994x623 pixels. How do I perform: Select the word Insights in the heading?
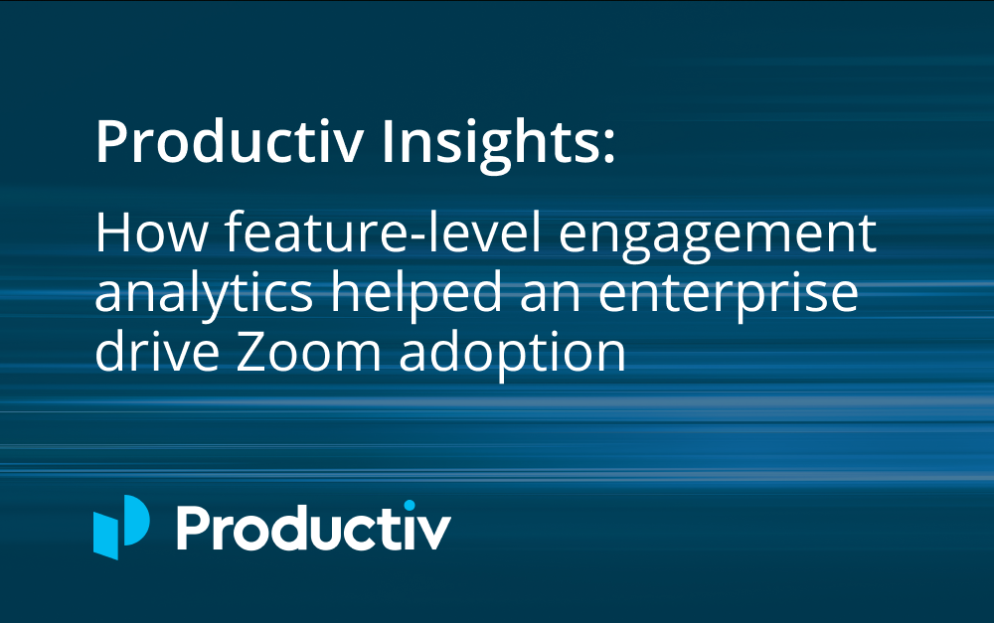[489, 143]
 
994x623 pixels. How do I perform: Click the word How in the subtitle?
[151, 234]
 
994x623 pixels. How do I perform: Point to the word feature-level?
[383, 232]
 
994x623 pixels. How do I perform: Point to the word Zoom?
[309, 353]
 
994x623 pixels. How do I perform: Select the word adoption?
[512, 355]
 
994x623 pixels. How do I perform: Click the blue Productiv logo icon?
[121, 528]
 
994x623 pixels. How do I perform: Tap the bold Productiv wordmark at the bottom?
[314, 527]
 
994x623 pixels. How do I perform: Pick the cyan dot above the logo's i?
[409, 506]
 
